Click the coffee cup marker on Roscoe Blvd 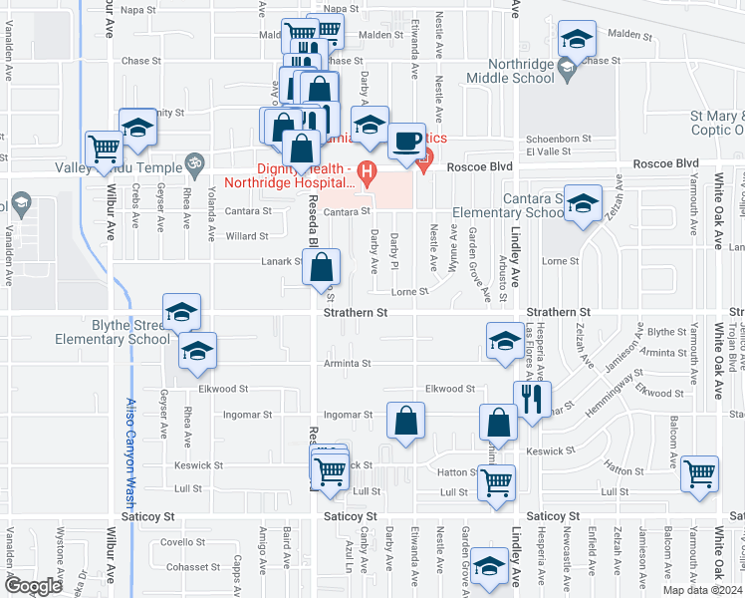point(405,141)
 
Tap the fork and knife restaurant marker point(532,400)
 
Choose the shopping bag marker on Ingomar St point(405,422)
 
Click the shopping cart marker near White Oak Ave point(700,472)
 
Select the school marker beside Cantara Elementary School point(583,204)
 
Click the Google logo point(33,586)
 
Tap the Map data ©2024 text point(703,590)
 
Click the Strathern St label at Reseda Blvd point(356,312)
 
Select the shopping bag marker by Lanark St point(322,267)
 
